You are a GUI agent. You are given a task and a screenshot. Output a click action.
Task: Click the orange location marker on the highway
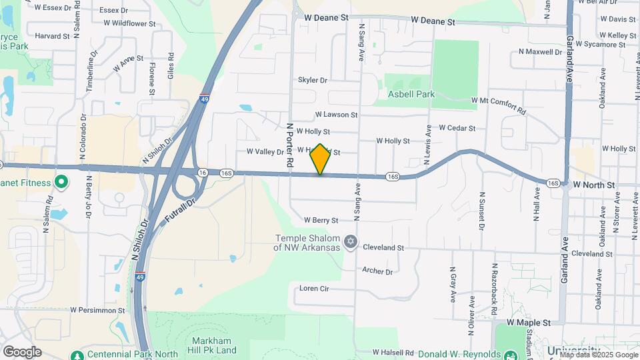(321, 159)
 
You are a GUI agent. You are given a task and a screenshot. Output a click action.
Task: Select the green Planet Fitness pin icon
(61, 181)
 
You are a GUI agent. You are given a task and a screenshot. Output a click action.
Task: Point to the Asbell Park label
(411, 94)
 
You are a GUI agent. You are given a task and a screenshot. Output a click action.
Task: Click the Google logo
(22, 352)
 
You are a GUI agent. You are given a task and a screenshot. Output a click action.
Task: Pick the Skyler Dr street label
(313, 80)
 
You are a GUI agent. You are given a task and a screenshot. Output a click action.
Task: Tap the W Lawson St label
(337, 115)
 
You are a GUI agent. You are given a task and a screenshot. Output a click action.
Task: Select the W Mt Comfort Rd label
(498, 101)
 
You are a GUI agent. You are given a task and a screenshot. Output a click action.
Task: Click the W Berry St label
(321, 220)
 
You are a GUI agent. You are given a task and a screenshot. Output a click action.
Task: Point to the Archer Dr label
(377, 271)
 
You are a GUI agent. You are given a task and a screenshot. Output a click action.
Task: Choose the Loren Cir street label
(314, 289)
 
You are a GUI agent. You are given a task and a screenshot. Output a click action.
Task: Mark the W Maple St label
(529, 323)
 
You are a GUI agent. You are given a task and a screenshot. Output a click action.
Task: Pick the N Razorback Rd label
(495, 275)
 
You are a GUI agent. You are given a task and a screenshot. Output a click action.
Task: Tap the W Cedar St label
(457, 128)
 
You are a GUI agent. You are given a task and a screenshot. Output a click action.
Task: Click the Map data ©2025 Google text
(599, 355)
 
